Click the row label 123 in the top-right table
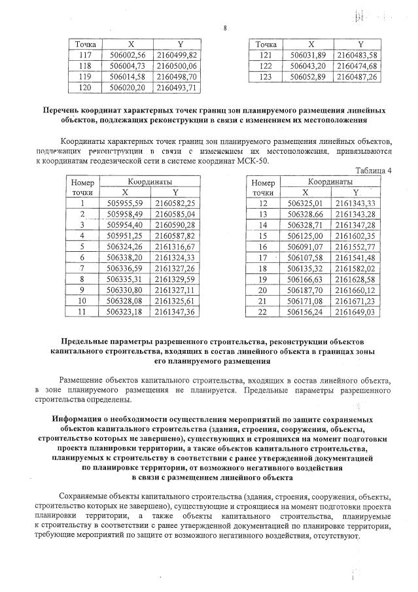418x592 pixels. click(x=265, y=76)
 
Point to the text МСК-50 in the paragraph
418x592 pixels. click(x=253, y=160)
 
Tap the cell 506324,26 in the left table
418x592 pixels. click(x=128, y=246)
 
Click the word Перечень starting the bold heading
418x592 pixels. click(x=63, y=111)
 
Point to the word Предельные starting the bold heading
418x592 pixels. click(x=88, y=342)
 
